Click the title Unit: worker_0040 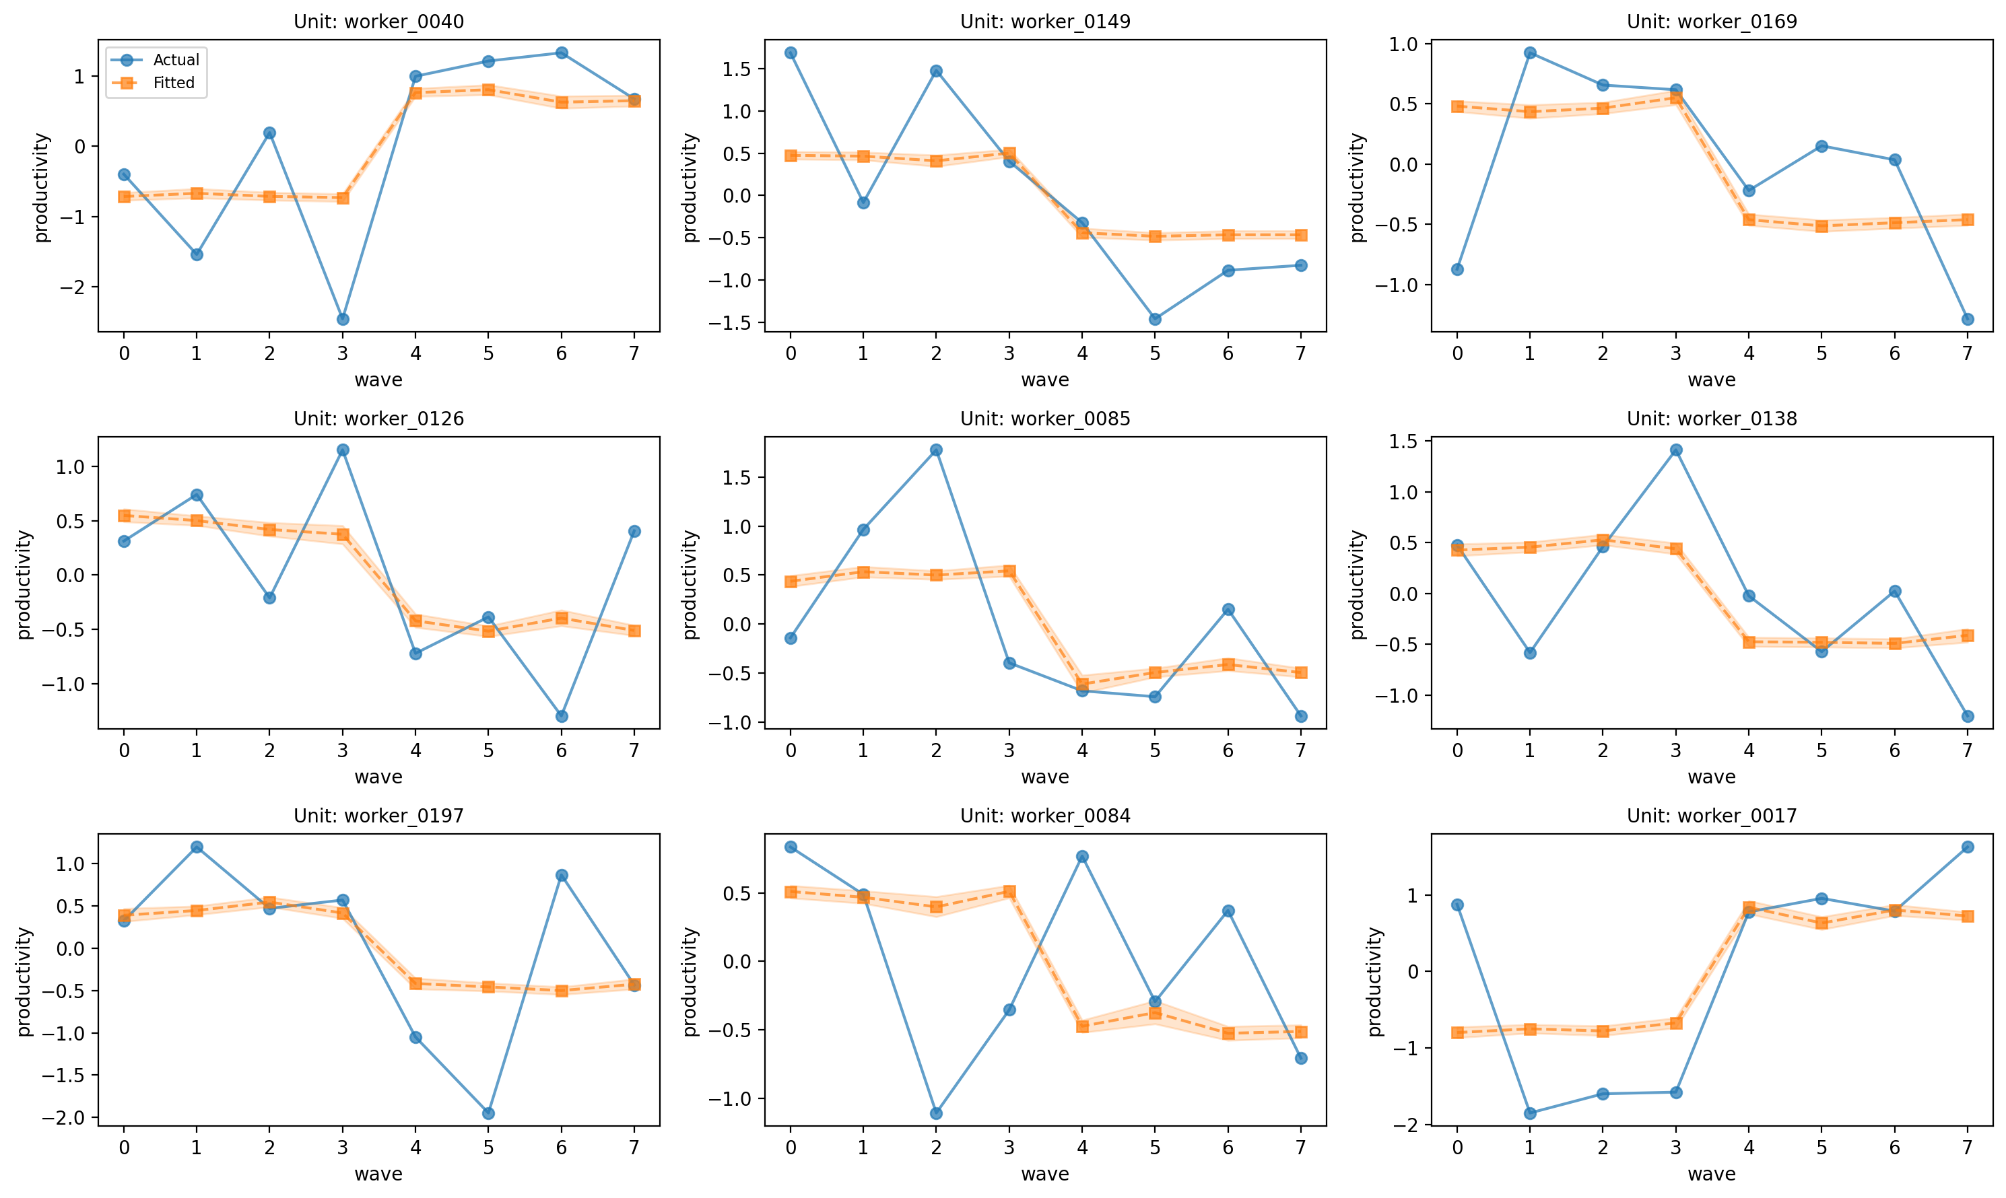(x=378, y=22)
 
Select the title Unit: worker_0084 (x=1045, y=816)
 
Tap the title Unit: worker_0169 (x=1712, y=22)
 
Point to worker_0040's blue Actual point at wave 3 (x=342, y=319)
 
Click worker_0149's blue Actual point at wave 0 (x=791, y=53)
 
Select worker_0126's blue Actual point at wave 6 (x=561, y=716)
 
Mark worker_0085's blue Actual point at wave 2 (x=936, y=450)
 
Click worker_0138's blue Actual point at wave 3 (x=1675, y=450)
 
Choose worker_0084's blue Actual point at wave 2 (x=936, y=1113)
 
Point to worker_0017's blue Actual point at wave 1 (x=1529, y=1113)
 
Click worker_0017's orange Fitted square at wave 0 (x=1457, y=1032)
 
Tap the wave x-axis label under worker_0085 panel (x=1045, y=777)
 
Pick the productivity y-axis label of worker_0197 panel (x=24, y=981)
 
